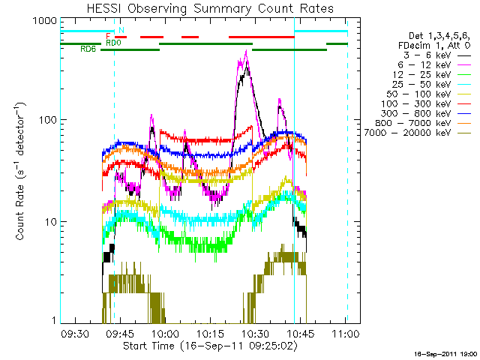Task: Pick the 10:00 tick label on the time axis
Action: click(x=165, y=333)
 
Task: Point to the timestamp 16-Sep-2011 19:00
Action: click(x=445, y=352)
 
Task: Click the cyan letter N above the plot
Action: click(x=121, y=30)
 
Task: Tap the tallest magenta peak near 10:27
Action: click(x=247, y=52)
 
